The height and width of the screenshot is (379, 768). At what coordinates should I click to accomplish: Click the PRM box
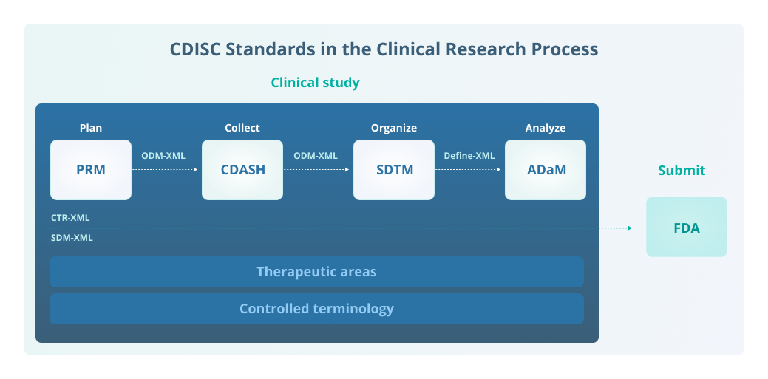[91, 170]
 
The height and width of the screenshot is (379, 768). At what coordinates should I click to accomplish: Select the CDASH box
[242, 170]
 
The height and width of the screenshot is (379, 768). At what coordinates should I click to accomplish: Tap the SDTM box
[394, 170]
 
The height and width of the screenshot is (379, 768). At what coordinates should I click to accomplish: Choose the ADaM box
[546, 170]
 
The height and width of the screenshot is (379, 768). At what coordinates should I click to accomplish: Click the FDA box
[686, 228]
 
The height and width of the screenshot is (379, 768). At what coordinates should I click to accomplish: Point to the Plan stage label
[91, 128]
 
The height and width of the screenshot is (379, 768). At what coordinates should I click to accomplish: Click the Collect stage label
[242, 128]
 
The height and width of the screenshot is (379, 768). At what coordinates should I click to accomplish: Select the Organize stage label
[394, 128]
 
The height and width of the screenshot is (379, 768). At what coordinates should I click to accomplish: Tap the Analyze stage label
[546, 128]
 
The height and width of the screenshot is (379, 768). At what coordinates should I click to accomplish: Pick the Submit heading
[682, 171]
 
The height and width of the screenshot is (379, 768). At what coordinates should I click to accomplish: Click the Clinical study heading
[315, 83]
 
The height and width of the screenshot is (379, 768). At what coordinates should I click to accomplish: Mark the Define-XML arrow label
[469, 156]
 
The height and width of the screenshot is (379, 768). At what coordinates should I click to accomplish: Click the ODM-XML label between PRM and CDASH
[163, 156]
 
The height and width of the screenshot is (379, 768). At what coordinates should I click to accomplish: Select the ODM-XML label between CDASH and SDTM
[316, 156]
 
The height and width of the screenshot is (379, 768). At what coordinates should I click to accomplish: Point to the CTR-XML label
[70, 218]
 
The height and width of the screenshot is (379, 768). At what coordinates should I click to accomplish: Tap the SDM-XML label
[72, 238]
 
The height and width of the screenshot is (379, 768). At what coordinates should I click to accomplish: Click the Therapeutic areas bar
[316, 272]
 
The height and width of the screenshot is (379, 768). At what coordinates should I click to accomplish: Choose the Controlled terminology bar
[316, 309]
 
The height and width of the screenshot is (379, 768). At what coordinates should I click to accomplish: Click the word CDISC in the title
[196, 49]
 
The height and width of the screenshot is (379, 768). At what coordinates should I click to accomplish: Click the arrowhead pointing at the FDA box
[630, 228]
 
